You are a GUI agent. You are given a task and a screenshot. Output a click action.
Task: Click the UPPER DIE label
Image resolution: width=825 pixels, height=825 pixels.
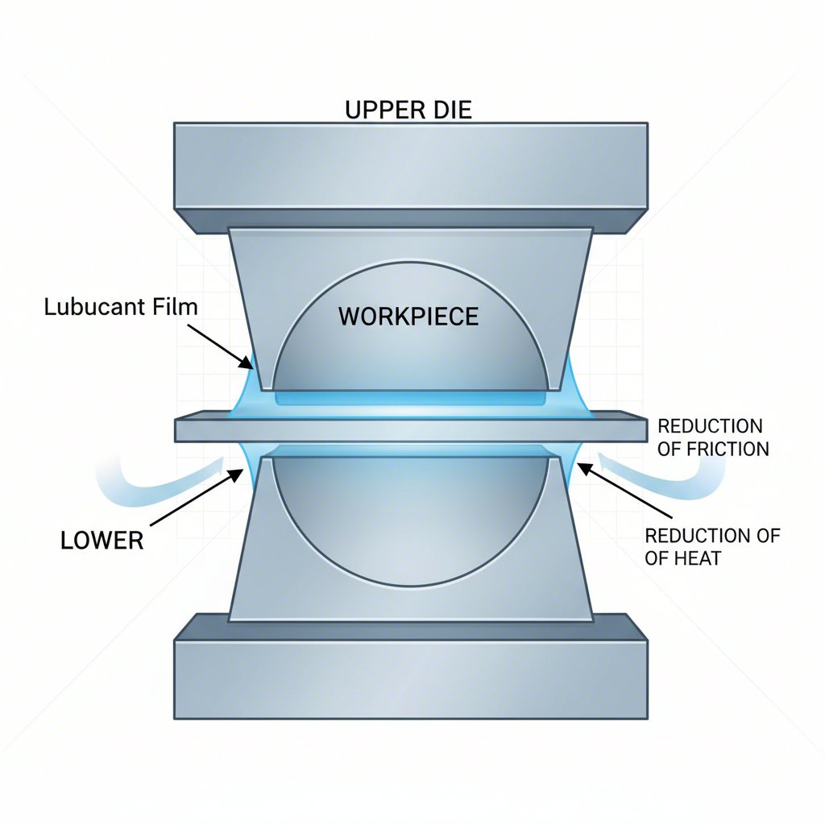(x=408, y=110)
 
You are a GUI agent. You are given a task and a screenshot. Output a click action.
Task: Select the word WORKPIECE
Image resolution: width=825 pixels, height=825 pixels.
(x=408, y=317)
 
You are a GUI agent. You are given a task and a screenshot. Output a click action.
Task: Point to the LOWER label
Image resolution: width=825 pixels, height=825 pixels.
(x=102, y=540)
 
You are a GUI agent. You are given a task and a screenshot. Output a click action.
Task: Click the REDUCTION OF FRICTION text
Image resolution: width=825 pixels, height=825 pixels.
(x=712, y=437)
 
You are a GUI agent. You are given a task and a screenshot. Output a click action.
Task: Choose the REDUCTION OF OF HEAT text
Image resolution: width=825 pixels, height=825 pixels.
(x=712, y=547)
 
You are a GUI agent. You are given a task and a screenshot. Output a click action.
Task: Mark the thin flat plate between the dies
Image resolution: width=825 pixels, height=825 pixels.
(x=411, y=429)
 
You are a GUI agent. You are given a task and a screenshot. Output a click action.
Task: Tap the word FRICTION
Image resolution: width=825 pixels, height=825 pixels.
(x=727, y=449)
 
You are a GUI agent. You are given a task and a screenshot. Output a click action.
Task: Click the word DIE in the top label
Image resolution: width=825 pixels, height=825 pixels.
(x=452, y=110)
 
